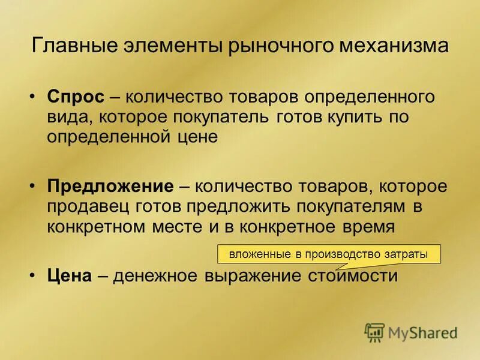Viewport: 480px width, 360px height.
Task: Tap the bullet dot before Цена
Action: tap(35, 276)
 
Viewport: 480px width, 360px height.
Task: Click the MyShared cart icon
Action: tap(374, 332)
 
